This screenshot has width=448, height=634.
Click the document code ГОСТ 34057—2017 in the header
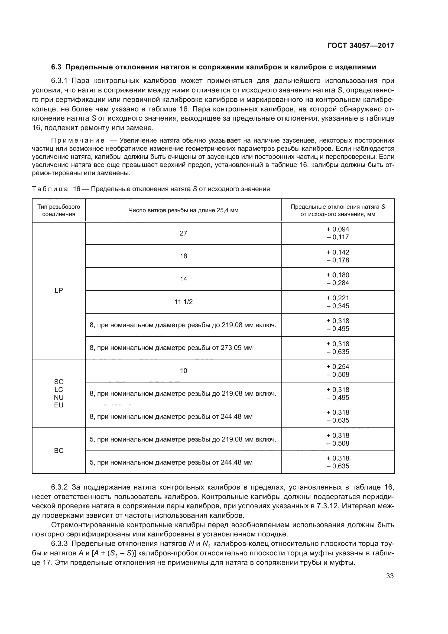(x=361, y=46)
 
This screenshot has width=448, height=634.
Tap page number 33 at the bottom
(x=390, y=576)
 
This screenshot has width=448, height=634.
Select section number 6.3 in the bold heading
(x=57, y=67)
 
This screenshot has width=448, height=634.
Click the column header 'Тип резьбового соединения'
(x=59, y=210)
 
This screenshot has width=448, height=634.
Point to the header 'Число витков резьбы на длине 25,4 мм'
(x=183, y=210)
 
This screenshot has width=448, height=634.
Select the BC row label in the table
(x=59, y=451)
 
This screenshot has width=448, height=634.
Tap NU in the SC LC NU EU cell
(x=59, y=397)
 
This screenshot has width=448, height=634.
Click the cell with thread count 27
(x=183, y=233)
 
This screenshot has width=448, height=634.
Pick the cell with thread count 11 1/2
(x=183, y=302)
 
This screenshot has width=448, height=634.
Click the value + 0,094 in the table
(x=338, y=229)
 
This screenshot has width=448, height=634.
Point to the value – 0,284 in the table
(x=338, y=283)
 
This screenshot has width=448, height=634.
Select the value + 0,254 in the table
(x=338, y=367)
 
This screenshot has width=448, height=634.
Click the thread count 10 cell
(x=183, y=371)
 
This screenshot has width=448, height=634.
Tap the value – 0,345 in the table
(x=338, y=306)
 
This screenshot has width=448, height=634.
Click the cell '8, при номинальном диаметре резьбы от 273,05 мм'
(x=171, y=348)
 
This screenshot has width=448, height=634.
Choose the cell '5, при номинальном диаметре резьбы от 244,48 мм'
(x=171, y=462)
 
